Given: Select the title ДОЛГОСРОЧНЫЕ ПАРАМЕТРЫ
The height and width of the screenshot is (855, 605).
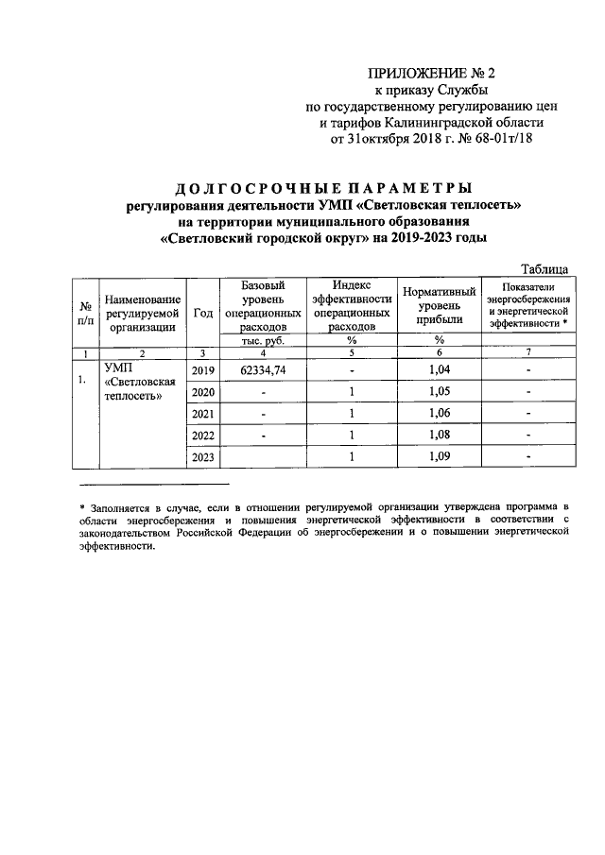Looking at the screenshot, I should coord(324,186).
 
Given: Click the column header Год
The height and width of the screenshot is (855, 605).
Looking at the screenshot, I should coord(202,314).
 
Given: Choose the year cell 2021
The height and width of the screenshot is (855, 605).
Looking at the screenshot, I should coord(202,414).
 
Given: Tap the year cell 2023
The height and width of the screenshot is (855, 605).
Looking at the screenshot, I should coord(202,457).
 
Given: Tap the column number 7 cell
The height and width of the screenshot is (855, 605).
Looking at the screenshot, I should coord(528,352).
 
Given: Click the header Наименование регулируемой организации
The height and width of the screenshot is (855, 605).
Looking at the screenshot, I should coord(143,313).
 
